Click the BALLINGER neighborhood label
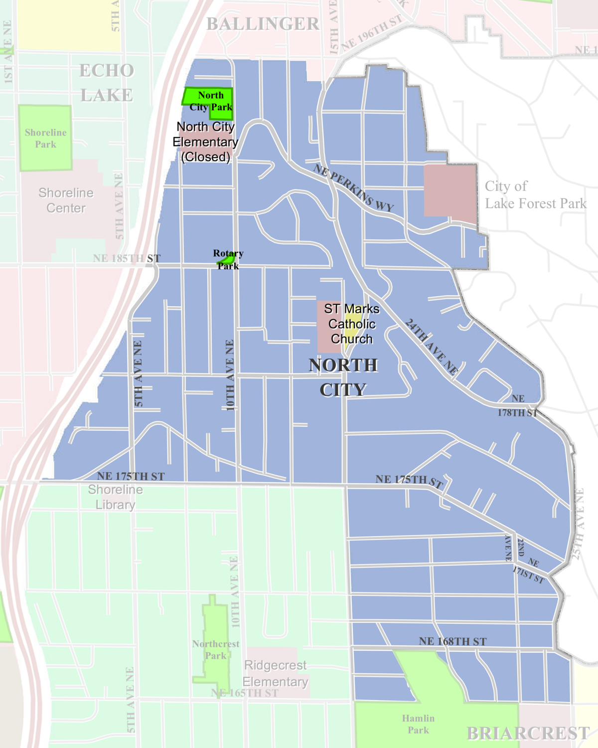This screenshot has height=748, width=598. tap(263, 24)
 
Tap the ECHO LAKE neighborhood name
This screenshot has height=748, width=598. tap(107, 83)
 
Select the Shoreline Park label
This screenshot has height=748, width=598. tap(45, 138)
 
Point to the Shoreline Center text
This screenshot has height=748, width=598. tap(66, 200)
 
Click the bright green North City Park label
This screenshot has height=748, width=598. tap(210, 101)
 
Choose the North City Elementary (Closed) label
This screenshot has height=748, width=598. tap(205, 142)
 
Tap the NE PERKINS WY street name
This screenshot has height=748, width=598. tap(353, 188)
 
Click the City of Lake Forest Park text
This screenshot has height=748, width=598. tap(535, 195)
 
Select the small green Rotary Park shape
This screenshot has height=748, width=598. tap(228, 259)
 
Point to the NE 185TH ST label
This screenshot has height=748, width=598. tap(127, 258)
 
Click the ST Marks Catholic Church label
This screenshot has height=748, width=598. tap(351, 324)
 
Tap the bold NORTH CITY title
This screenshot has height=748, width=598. tap(343, 377)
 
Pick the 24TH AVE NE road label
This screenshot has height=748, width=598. tap(431, 347)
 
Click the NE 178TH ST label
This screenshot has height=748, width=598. tap(518, 406)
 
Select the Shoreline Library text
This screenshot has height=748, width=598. tap(116, 497)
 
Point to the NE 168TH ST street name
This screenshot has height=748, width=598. tap(452, 641)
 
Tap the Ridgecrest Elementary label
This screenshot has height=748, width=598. tap(276, 673)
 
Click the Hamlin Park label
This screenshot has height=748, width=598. tap(418, 724)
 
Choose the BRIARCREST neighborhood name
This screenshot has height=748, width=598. tap(528, 733)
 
